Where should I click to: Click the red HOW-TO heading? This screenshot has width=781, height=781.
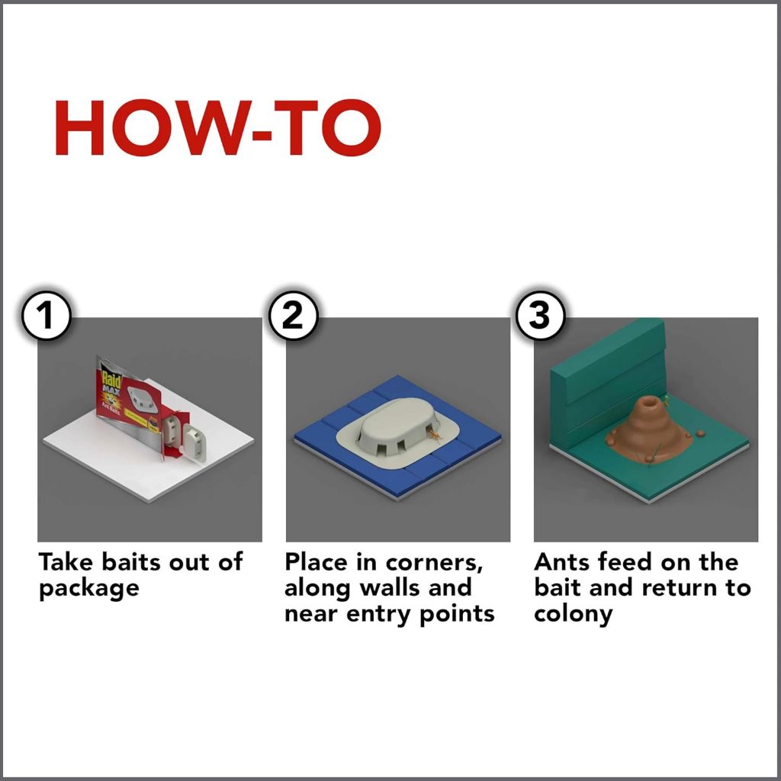tap(217, 127)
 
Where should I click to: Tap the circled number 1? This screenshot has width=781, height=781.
tap(46, 315)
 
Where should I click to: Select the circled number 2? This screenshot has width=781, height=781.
tap(293, 315)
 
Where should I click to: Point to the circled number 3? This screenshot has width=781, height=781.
tap(541, 315)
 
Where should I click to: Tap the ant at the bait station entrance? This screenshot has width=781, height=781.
tap(435, 435)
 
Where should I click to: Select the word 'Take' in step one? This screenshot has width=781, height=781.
tap(66, 562)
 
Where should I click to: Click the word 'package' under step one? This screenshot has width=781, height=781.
tap(88, 590)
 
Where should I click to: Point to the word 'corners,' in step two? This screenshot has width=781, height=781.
tap(434, 563)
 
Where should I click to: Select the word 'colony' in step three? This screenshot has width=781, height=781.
tap(573, 614)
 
